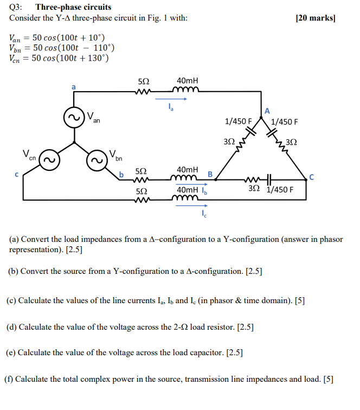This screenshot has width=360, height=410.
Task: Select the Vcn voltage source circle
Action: coord(48,161)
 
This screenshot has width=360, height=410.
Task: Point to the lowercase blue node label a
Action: coord(74,86)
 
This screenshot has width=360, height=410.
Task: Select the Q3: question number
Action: coord(17,7)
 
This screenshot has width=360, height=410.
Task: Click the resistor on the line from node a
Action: coord(142,91)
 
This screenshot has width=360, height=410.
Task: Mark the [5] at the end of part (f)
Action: coord(328,379)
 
